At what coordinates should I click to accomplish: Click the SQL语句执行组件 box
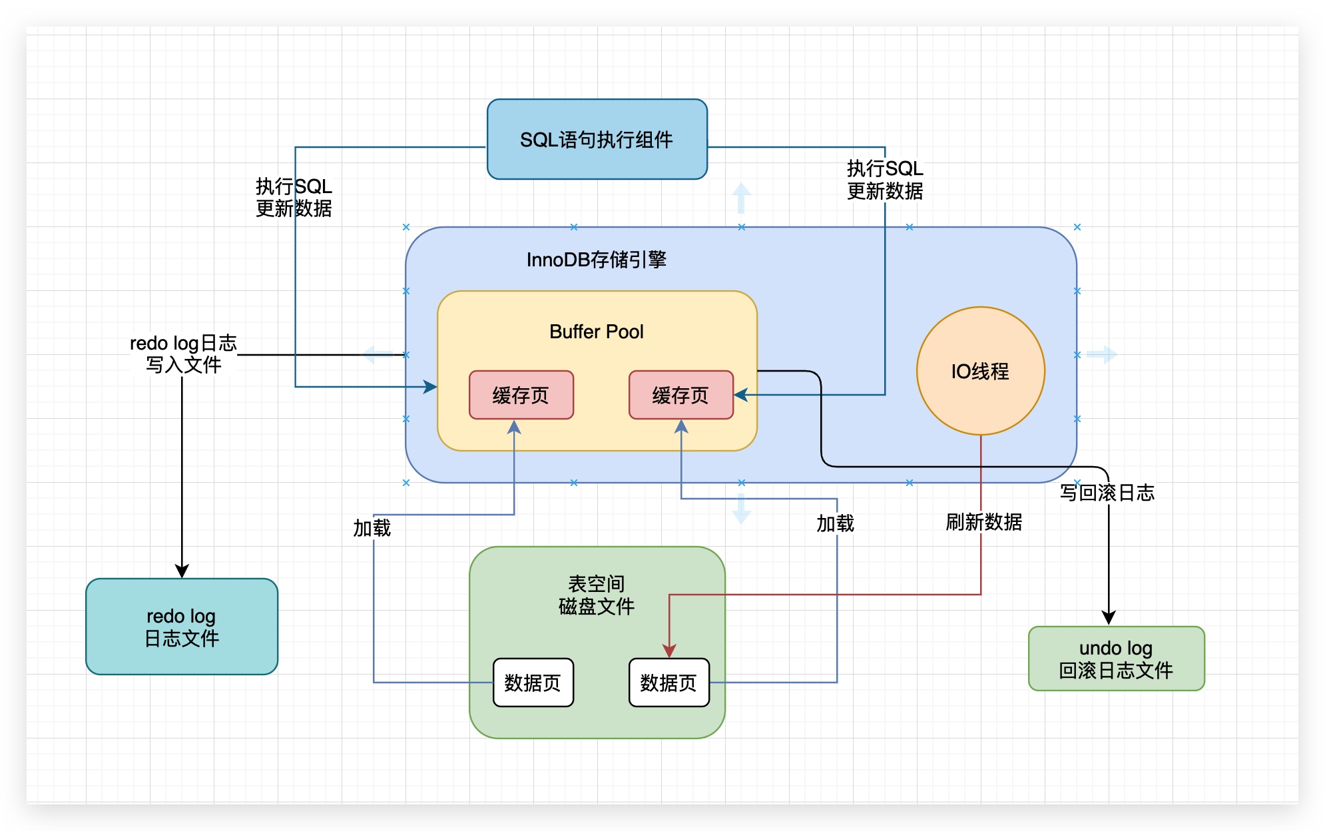pos(597,139)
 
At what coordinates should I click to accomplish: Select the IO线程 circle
pos(980,371)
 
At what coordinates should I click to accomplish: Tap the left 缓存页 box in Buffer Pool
pos(521,395)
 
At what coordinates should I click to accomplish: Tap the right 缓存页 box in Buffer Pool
pos(680,395)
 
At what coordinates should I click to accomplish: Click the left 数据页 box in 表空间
pos(533,683)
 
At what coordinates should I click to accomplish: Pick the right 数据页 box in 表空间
pos(668,683)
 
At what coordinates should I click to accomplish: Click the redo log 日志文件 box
pos(182,627)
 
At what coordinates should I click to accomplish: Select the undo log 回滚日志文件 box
pos(1116,659)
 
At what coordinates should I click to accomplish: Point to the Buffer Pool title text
pos(597,332)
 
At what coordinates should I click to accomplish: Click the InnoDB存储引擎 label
pos(597,260)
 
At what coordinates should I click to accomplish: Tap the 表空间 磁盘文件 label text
pos(597,595)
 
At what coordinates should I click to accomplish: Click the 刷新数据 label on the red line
pos(983,522)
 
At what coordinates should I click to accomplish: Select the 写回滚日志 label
pos(1107,493)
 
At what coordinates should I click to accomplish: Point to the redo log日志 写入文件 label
pos(183,354)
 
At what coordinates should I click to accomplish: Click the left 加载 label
pos(372,528)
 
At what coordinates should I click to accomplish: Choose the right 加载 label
pos(835,524)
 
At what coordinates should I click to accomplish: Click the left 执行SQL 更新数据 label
pos(294,198)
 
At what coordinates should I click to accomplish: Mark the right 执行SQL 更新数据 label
pos(885,180)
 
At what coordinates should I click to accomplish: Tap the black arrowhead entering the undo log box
pos(1109,618)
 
